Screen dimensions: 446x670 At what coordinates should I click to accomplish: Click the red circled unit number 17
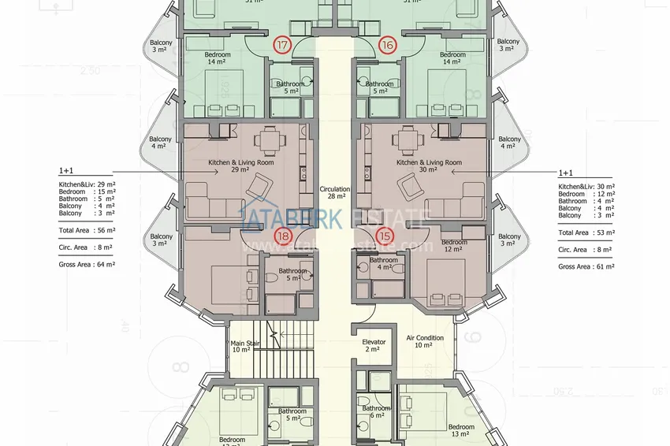(x=281, y=46)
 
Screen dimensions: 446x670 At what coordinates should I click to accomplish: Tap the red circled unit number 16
(x=387, y=46)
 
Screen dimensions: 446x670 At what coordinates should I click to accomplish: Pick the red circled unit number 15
(x=385, y=236)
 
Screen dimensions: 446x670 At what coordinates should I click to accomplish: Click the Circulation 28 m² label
(x=335, y=194)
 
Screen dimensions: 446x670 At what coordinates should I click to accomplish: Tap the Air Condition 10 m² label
(x=425, y=342)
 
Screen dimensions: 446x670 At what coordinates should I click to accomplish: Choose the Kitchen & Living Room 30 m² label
(x=429, y=166)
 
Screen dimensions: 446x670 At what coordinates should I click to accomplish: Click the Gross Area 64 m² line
(x=87, y=265)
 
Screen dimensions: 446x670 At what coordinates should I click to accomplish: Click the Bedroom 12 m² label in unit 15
(x=454, y=246)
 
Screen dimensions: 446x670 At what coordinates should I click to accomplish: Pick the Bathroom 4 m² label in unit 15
(x=384, y=264)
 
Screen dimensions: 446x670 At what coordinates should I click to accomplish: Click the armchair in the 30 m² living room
(x=410, y=187)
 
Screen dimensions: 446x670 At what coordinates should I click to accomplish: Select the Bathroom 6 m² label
(x=376, y=412)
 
